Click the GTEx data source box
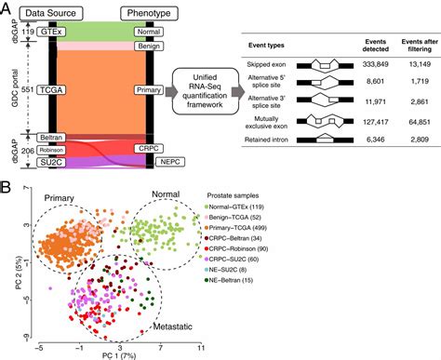tap(44, 30)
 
